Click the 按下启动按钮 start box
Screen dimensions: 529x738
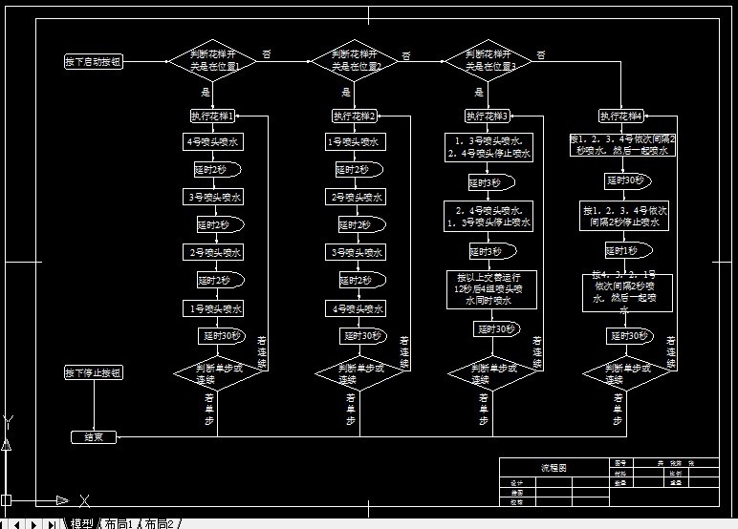94,62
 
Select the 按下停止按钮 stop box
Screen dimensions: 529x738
94,372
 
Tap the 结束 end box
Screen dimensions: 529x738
94,436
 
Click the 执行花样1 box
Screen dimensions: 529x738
212,116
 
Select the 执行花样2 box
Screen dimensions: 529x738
354,116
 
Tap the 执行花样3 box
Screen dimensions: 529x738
488,116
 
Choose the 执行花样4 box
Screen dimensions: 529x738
621,116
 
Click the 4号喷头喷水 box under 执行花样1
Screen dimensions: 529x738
212,141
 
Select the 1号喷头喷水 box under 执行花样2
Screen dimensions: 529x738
354,142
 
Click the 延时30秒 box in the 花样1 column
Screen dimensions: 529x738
221,336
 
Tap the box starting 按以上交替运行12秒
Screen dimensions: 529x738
491,288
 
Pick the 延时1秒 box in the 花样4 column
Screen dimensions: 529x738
622,251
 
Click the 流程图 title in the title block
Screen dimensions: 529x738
553,469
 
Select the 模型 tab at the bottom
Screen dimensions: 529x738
82,523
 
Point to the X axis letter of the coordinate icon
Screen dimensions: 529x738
84,499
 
